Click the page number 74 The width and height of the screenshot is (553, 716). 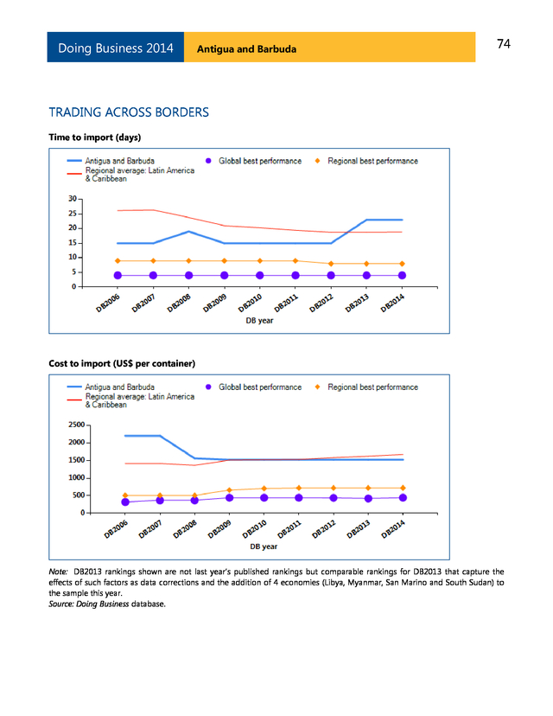504,44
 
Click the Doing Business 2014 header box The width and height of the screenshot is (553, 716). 116,48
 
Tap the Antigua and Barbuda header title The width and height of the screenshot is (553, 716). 246,48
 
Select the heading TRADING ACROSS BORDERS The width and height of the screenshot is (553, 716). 129,112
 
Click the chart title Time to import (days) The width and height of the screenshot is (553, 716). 95,137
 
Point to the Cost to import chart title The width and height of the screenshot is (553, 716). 123,362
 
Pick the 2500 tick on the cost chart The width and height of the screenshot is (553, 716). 75,425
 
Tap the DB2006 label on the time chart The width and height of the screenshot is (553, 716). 108,305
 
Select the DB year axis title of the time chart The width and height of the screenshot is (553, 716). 260,321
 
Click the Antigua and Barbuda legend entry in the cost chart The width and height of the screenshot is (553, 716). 120,387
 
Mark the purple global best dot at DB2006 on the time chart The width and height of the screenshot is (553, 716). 118,275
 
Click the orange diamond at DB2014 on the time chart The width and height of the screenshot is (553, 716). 402,264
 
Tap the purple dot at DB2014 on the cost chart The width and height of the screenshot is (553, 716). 403,497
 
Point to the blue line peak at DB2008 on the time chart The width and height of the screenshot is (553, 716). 188,232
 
